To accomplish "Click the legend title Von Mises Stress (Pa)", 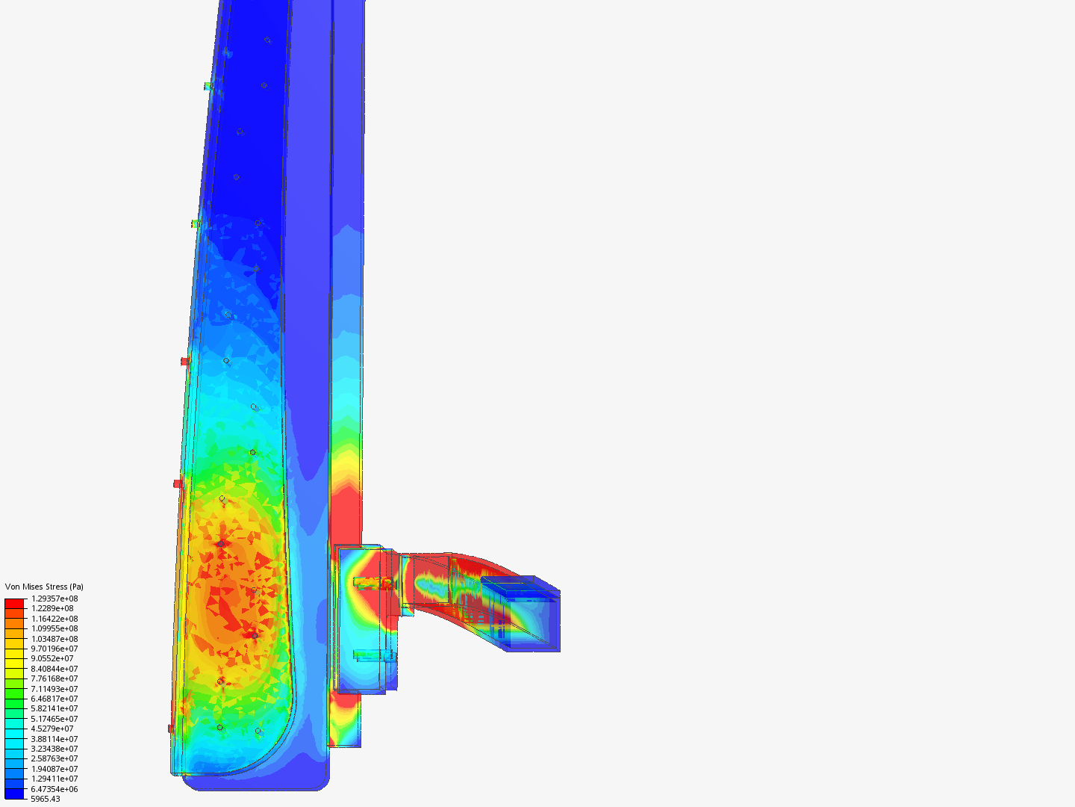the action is coord(44,587).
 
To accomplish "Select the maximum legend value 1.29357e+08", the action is coord(54,599).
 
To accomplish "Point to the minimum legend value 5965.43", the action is coord(46,799).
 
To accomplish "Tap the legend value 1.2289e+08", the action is coord(52,608).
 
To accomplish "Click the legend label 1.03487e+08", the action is coord(54,638).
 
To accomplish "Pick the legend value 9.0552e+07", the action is coord(52,658).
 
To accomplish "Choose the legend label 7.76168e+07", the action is coord(54,678).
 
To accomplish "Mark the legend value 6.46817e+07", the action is coord(54,698).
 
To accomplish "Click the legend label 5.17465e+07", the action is coord(54,718).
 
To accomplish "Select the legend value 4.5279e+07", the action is coord(52,729).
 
